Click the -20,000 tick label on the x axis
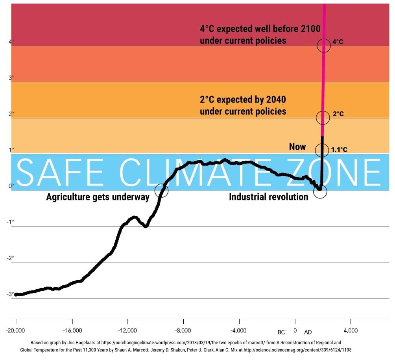click(x=16, y=330)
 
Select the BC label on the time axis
click(x=281, y=332)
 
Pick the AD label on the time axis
click(x=308, y=332)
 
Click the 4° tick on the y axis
click(x=11, y=41)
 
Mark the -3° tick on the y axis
click(x=10, y=294)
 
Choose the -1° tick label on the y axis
click(x=10, y=222)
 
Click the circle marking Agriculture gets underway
click(x=161, y=191)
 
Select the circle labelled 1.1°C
click(x=322, y=149)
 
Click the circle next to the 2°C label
click(x=323, y=117)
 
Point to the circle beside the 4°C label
click(x=324, y=45)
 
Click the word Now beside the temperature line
click(x=297, y=147)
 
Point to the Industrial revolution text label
click(x=269, y=197)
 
